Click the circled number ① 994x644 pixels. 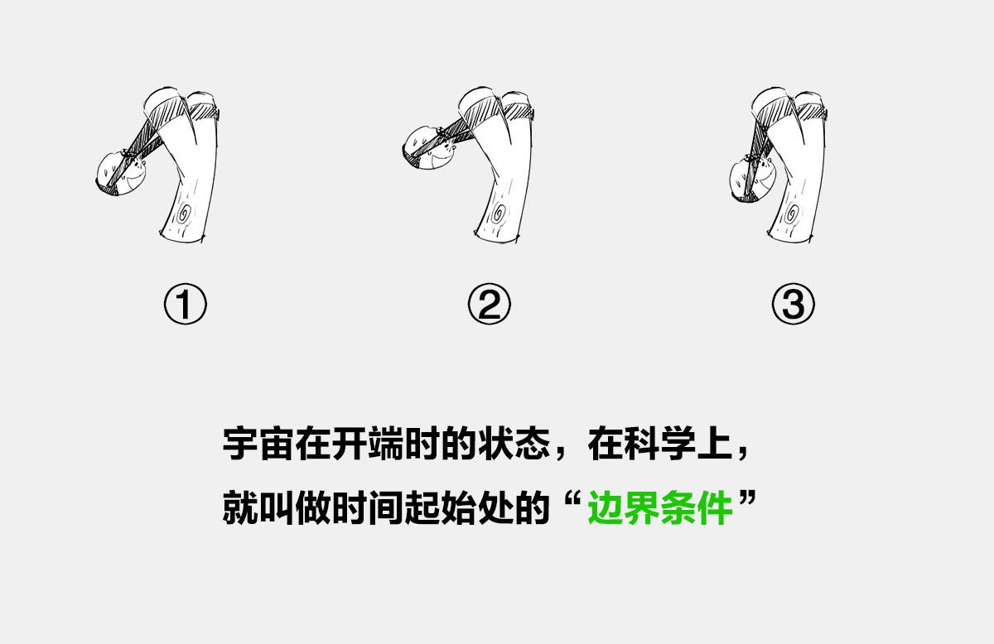coord(185,305)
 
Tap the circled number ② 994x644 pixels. coord(489,305)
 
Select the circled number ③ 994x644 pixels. coord(794,305)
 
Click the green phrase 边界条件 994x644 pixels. coord(660,508)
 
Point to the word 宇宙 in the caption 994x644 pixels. coord(258,444)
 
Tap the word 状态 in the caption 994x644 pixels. coord(514,444)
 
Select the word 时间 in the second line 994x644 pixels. coord(367,508)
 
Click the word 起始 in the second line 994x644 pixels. coord(440,508)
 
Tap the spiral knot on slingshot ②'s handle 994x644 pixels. coord(499,214)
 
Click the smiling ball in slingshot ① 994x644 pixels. coord(121,174)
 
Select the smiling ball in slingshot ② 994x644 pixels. coord(429,147)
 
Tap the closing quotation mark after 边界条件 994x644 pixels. coord(747,499)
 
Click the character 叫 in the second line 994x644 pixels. coord(276,508)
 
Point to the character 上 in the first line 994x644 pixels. coord(714,444)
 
